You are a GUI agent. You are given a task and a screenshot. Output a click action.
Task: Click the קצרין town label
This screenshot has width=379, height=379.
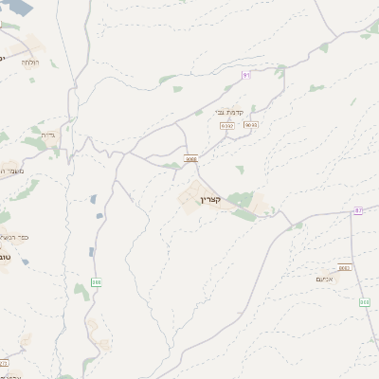[x=210, y=200]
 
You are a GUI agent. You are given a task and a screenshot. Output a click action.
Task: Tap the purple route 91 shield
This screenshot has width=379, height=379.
[x=246, y=74]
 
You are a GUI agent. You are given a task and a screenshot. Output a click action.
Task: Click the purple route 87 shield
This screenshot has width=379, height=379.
[x=357, y=210]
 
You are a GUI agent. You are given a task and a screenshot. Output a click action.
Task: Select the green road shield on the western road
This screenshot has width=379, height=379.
[x=96, y=282]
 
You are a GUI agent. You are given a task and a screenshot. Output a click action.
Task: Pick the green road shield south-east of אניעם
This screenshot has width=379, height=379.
[x=365, y=302]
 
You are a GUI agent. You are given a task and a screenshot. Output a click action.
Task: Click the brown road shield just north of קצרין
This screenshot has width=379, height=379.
[x=191, y=160]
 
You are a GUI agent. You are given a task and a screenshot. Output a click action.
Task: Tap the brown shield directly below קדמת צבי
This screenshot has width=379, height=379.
[x=226, y=125]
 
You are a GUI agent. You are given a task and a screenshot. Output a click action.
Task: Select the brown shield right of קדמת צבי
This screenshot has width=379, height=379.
[x=251, y=124]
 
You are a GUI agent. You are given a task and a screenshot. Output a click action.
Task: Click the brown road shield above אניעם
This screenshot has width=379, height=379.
[x=344, y=268]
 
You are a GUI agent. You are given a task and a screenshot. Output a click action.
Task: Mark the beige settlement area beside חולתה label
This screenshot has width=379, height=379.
[x=35, y=45]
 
